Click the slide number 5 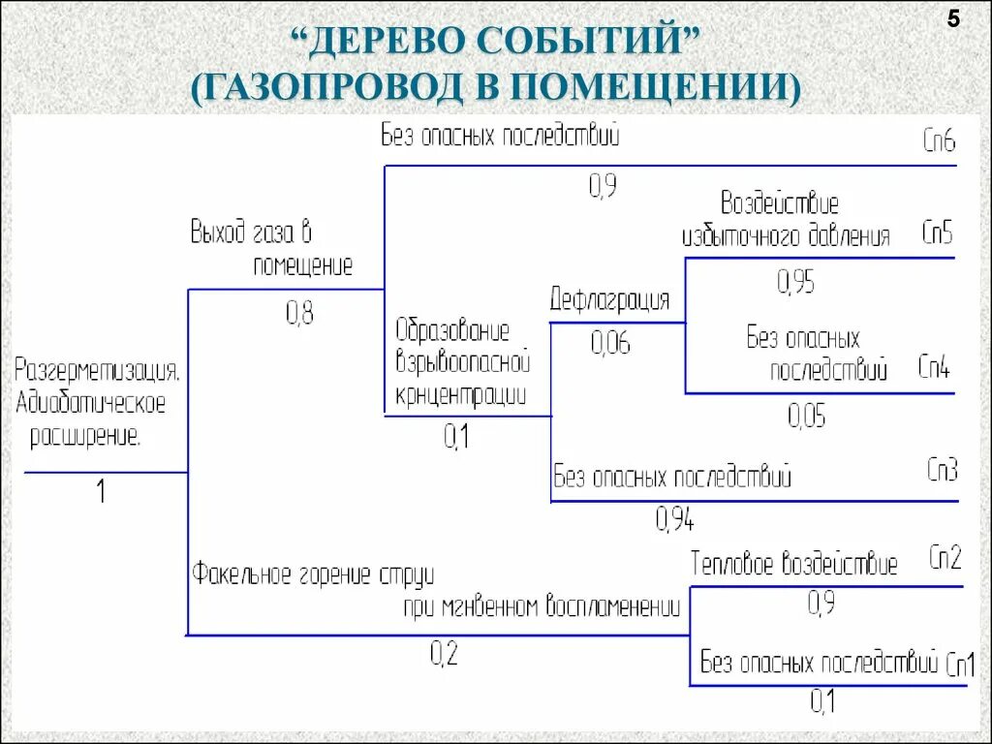[x=953, y=20]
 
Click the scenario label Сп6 [x=939, y=142]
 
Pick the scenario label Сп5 [x=937, y=233]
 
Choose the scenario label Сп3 [x=942, y=471]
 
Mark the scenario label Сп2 [x=945, y=558]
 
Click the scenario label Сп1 [x=960, y=666]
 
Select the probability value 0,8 [x=299, y=312]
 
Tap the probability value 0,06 [x=610, y=342]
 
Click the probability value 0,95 [x=795, y=282]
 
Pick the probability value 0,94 [x=674, y=520]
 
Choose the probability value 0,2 [x=444, y=655]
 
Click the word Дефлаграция [x=609, y=299]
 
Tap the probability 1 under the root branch [x=100, y=492]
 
